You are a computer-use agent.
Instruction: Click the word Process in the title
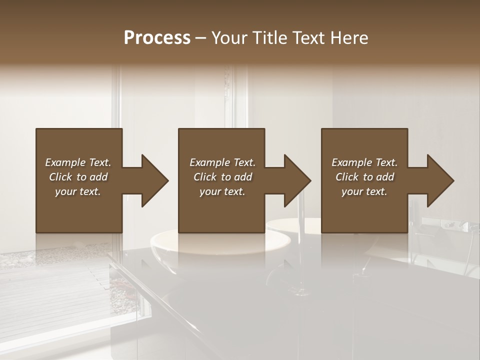point(157,37)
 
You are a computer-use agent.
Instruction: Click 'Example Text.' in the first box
point(78,162)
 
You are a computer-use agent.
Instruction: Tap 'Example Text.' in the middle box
point(222,162)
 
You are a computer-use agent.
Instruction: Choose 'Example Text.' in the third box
point(364,162)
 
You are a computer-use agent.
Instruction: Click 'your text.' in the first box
point(78,191)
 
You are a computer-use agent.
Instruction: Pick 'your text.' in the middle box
point(222,191)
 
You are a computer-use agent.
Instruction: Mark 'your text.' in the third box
point(364,191)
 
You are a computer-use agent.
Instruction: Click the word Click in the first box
point(61,177)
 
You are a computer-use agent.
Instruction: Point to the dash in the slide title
point(201,38)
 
